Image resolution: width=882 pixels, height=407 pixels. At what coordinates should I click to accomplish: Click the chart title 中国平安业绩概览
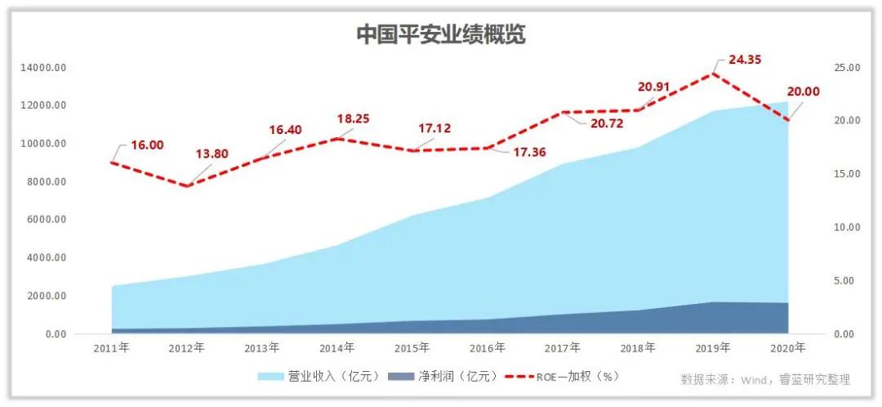[441, 35]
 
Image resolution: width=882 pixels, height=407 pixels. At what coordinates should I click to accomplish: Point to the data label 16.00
[147, 145]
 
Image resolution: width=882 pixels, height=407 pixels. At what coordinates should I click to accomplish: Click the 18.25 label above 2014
[353, 119]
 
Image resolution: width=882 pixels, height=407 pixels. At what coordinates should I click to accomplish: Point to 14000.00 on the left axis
[45, 67]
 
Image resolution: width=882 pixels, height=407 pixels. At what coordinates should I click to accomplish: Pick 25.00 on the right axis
[845, 67]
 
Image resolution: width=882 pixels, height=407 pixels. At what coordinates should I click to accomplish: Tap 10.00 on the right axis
[845, 227]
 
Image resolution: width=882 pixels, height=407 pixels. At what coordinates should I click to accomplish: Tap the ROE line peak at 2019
[715, 74]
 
